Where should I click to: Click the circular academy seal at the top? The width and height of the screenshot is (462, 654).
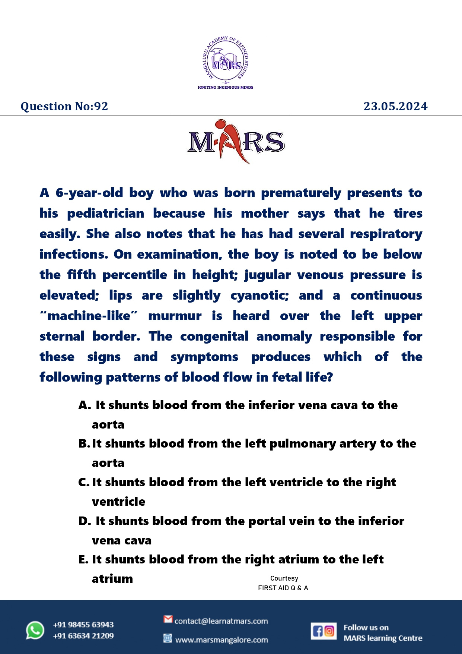pos(226,60)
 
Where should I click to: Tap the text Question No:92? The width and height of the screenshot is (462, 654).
pos(64,107)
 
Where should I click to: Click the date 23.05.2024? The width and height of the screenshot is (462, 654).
pos(395,107)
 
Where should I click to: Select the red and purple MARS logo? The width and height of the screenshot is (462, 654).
pos(236,142)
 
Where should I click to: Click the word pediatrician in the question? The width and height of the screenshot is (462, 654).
pos(106,214)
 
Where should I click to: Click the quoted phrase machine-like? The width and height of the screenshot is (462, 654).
pos(89,316)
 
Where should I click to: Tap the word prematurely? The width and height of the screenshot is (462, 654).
pos(301,193)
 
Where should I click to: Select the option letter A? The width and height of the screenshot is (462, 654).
pos(84,405)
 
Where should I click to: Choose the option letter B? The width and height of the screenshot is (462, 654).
pos(83,444)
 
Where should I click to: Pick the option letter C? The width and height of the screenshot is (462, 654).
pos(83,483)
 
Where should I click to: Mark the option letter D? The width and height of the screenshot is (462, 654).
pos(84,521)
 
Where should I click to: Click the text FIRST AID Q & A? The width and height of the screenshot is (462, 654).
pos(283,588)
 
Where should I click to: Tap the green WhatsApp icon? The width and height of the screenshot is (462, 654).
pos(35,631)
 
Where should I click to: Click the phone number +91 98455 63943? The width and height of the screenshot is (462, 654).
pos(83,625)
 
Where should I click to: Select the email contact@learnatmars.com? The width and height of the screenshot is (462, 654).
pos(221,621)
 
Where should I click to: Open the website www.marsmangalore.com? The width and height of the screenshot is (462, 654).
pos(222,640)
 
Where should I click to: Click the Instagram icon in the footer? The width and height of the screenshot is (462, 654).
pos(329,631)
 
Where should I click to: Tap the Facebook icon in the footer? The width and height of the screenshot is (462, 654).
pos(318,631)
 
